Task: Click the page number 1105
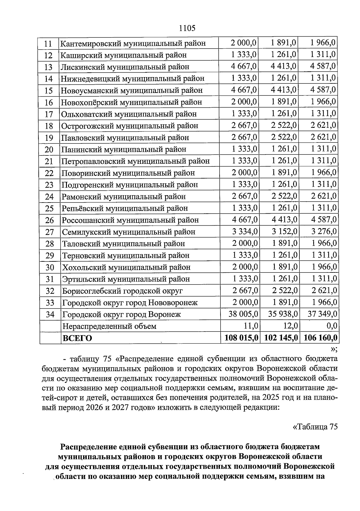point(187,28)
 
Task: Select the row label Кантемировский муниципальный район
point(133,44)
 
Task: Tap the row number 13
point(48,67)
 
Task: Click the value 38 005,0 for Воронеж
point(243,314)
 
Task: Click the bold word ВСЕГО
point(77,338)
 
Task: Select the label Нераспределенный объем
point(109,326)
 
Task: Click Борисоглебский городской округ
point(122,291)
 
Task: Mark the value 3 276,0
point(324,232)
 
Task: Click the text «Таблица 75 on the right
point(315,427)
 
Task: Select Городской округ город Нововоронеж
point(130,302)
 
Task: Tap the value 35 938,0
point(283,314)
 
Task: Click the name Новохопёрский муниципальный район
point(131,102)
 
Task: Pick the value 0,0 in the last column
point(331,326)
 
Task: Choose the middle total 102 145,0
point(281,338)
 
